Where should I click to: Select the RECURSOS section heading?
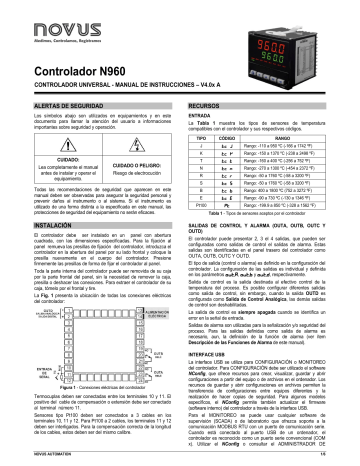(205, 104)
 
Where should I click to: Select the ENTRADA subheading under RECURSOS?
(205, 116)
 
